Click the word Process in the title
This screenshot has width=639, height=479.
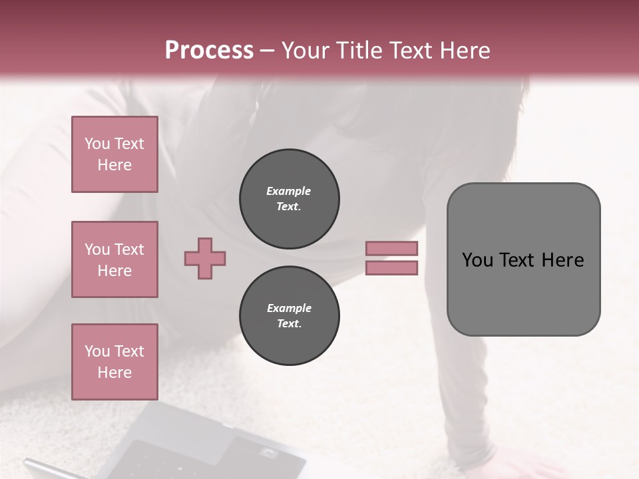coord(209,50)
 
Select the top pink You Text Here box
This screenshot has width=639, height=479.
coord(114,154)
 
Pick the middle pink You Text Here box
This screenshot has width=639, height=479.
coord(114,259)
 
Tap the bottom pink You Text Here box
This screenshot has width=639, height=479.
coord(114,362)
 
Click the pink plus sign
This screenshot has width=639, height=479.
coord(205,259)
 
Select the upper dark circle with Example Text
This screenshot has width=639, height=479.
coord(289,199)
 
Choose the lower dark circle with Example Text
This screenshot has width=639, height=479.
coord(289,316)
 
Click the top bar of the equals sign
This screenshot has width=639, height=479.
coord(391,249)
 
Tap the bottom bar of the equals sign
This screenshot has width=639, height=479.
coord(391,268)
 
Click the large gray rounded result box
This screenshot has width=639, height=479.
coord(523,293)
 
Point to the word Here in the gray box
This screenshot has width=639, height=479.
coord(562,260)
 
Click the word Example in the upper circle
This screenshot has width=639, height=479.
coord(289,191)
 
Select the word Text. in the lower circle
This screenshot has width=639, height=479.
coord(289,324)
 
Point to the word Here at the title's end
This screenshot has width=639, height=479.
coord(464,50)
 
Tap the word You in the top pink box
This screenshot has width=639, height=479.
coord(97,144)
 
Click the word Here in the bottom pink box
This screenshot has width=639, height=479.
coord(114,373)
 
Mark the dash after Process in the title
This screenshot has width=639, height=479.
coord(268,50)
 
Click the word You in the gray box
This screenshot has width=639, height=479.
coord(477,260)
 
